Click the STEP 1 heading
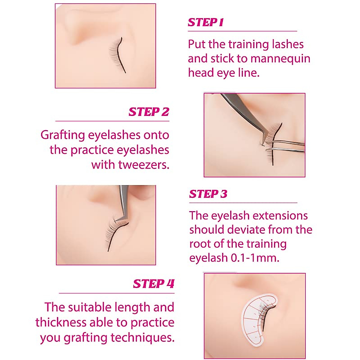tap(206, 22)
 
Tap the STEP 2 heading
tap(149, 112)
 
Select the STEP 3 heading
tap(208, 194)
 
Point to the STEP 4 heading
tap(154, 284)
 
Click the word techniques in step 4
tap(142, 337)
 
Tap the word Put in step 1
tap(197, 44)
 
